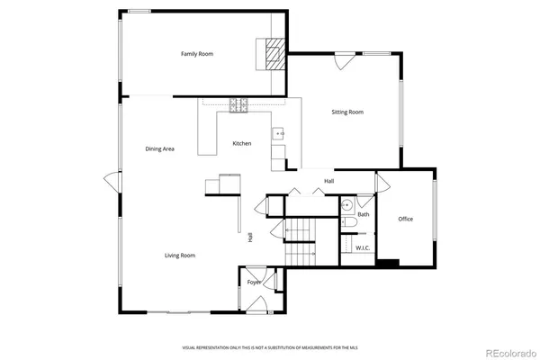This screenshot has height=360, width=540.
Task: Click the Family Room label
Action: click(196, 54)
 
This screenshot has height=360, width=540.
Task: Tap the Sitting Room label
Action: click(347, 112)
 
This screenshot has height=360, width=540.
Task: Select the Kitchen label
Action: click(242, 144)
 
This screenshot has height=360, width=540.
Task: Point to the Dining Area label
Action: click(159, 148)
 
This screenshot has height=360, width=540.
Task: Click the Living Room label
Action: click(180, 256)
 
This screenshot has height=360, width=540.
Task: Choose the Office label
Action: click(406, 219)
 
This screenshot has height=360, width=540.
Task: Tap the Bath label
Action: click(364, 214)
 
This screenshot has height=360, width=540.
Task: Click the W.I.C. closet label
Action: click(363, 247)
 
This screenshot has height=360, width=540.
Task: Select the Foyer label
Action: click(255, 282)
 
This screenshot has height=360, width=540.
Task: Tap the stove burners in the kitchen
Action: click(239, 106)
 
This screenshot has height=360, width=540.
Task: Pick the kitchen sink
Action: click(279, 133)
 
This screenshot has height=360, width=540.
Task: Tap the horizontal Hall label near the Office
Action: click(329, 182)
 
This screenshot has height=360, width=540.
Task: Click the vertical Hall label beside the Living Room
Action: click(250, 237)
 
